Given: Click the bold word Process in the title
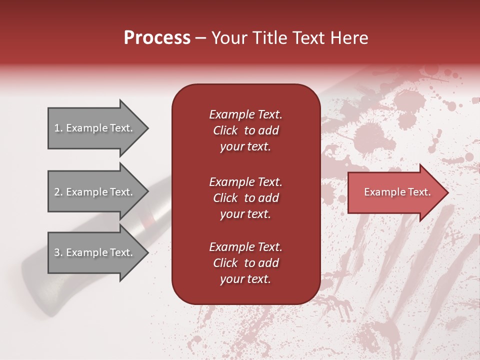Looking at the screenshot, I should [x=157, y=38].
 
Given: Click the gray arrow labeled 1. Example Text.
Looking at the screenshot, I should [x=97, y=128].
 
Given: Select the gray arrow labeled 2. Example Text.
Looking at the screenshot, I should [x=97, y=192].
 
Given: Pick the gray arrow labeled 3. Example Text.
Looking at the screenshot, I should [x=97, y=252].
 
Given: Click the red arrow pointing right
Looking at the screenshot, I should [x=397, y=192].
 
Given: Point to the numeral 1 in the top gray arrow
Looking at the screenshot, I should [x=57, y=128].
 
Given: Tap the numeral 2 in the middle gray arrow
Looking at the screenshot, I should [x=57, y=192].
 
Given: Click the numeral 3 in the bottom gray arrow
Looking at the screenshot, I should [x=57, y=252].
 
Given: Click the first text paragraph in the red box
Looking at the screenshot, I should [x=245, y=130].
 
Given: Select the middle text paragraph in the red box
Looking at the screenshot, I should [x=245, y=197].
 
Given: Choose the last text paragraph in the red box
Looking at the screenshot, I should [x=245, y=263].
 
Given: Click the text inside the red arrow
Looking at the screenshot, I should [x=397, y=192].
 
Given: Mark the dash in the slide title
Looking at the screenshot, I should [x=200, y=38].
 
